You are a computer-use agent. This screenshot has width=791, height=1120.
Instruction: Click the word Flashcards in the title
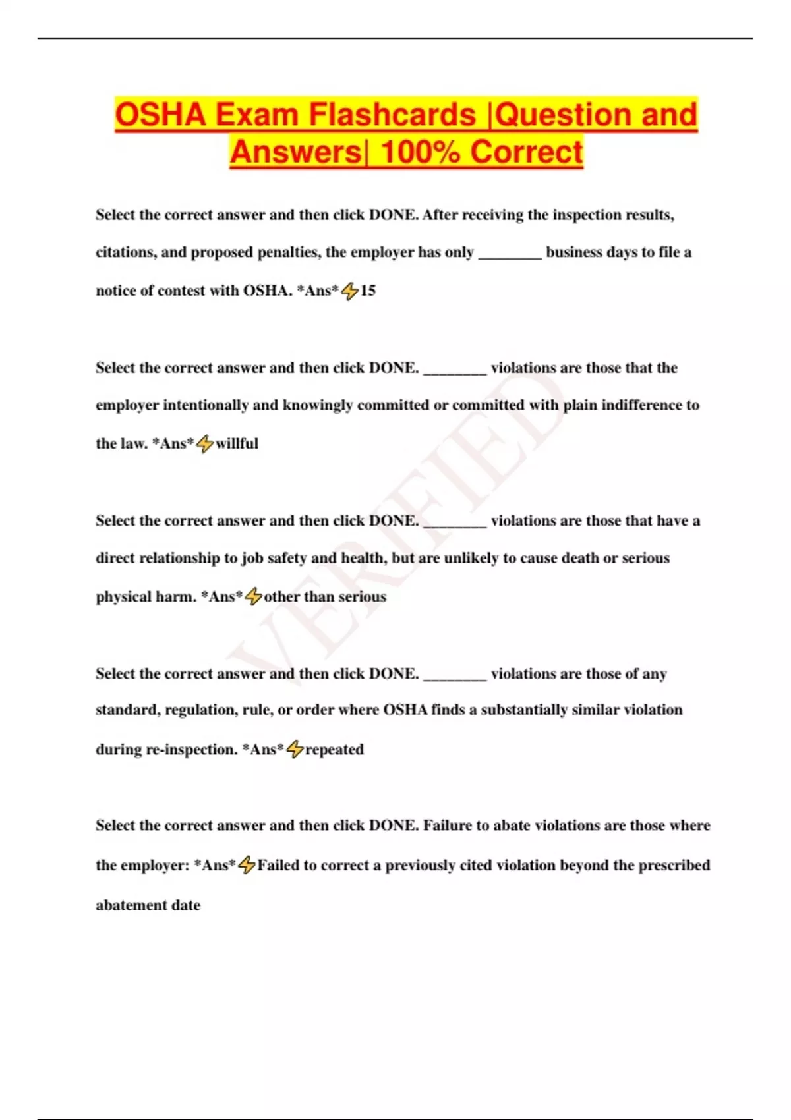coord(392,115)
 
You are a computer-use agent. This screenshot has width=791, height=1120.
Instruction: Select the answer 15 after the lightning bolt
coord(368,291)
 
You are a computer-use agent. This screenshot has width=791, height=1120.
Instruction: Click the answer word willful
coord(237,443)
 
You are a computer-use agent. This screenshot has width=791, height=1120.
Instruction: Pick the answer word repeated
coord(334,750)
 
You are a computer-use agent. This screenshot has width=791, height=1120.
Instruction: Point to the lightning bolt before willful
coord(205,443)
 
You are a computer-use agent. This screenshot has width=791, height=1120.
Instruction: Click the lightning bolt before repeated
coord(295,749)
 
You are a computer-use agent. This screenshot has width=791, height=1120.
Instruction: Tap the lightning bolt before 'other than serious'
coord(253,596)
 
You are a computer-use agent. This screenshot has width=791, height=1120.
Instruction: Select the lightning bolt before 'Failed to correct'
coord(247,865)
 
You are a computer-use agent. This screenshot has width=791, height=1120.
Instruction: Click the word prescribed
coord(673,865)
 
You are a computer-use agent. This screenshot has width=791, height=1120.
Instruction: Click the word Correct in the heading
coord(527,152)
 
